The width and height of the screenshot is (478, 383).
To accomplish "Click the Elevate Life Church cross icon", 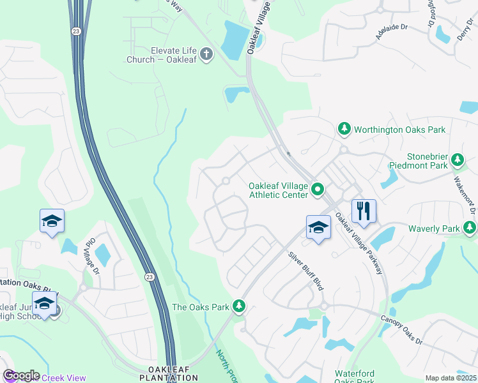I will pos(206,54).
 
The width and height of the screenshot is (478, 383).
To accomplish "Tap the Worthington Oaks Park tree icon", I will pos(344,130).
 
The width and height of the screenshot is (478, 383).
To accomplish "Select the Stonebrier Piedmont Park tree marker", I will pos(457,160).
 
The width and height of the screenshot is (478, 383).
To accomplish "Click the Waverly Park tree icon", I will pos(470,228).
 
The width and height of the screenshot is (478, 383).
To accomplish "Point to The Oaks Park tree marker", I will pos(239,307).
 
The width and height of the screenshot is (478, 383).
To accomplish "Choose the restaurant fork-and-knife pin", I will pos(364,211).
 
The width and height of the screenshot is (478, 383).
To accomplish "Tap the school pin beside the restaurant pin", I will pos(318,227).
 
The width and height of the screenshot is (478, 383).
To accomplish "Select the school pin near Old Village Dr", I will pos(52,221).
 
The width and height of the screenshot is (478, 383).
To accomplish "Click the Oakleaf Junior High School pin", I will pos(43,304).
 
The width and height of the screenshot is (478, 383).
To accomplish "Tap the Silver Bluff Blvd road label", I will pos(306,271).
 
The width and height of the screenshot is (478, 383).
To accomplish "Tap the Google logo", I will pos(20,375).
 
